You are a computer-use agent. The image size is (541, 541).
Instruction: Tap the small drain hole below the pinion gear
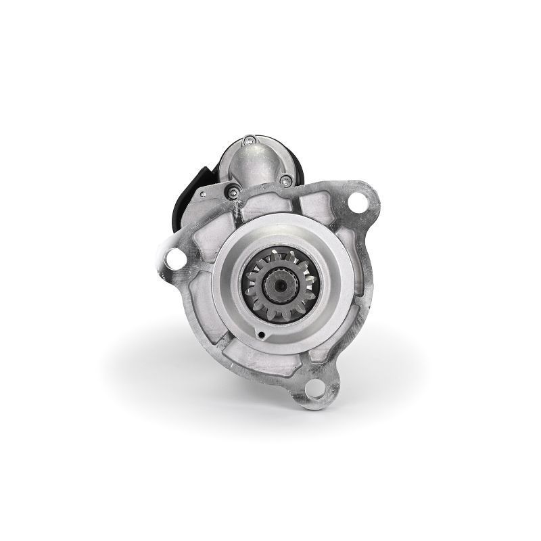(261, 333)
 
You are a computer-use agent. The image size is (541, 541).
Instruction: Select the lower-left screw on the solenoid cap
(233, 192)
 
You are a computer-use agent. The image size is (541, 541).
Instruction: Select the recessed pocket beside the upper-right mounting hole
(323, 203)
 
